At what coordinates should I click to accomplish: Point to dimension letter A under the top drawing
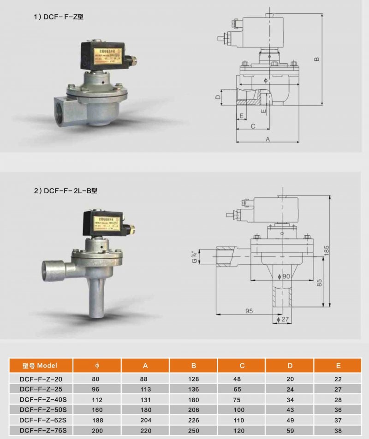coord(267,139)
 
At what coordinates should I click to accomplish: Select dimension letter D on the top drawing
coord(217,97)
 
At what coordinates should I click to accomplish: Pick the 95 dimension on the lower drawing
coord(249,311)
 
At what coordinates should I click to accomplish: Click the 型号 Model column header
coord(40,366)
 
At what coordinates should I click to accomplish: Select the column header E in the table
coord(338,366)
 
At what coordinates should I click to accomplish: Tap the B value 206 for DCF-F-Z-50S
coord(194,409)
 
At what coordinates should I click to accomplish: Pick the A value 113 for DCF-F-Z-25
coord(145,389)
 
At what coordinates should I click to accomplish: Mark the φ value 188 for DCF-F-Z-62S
coord(97,420)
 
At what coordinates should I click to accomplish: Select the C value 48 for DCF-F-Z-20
coord(242,379)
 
